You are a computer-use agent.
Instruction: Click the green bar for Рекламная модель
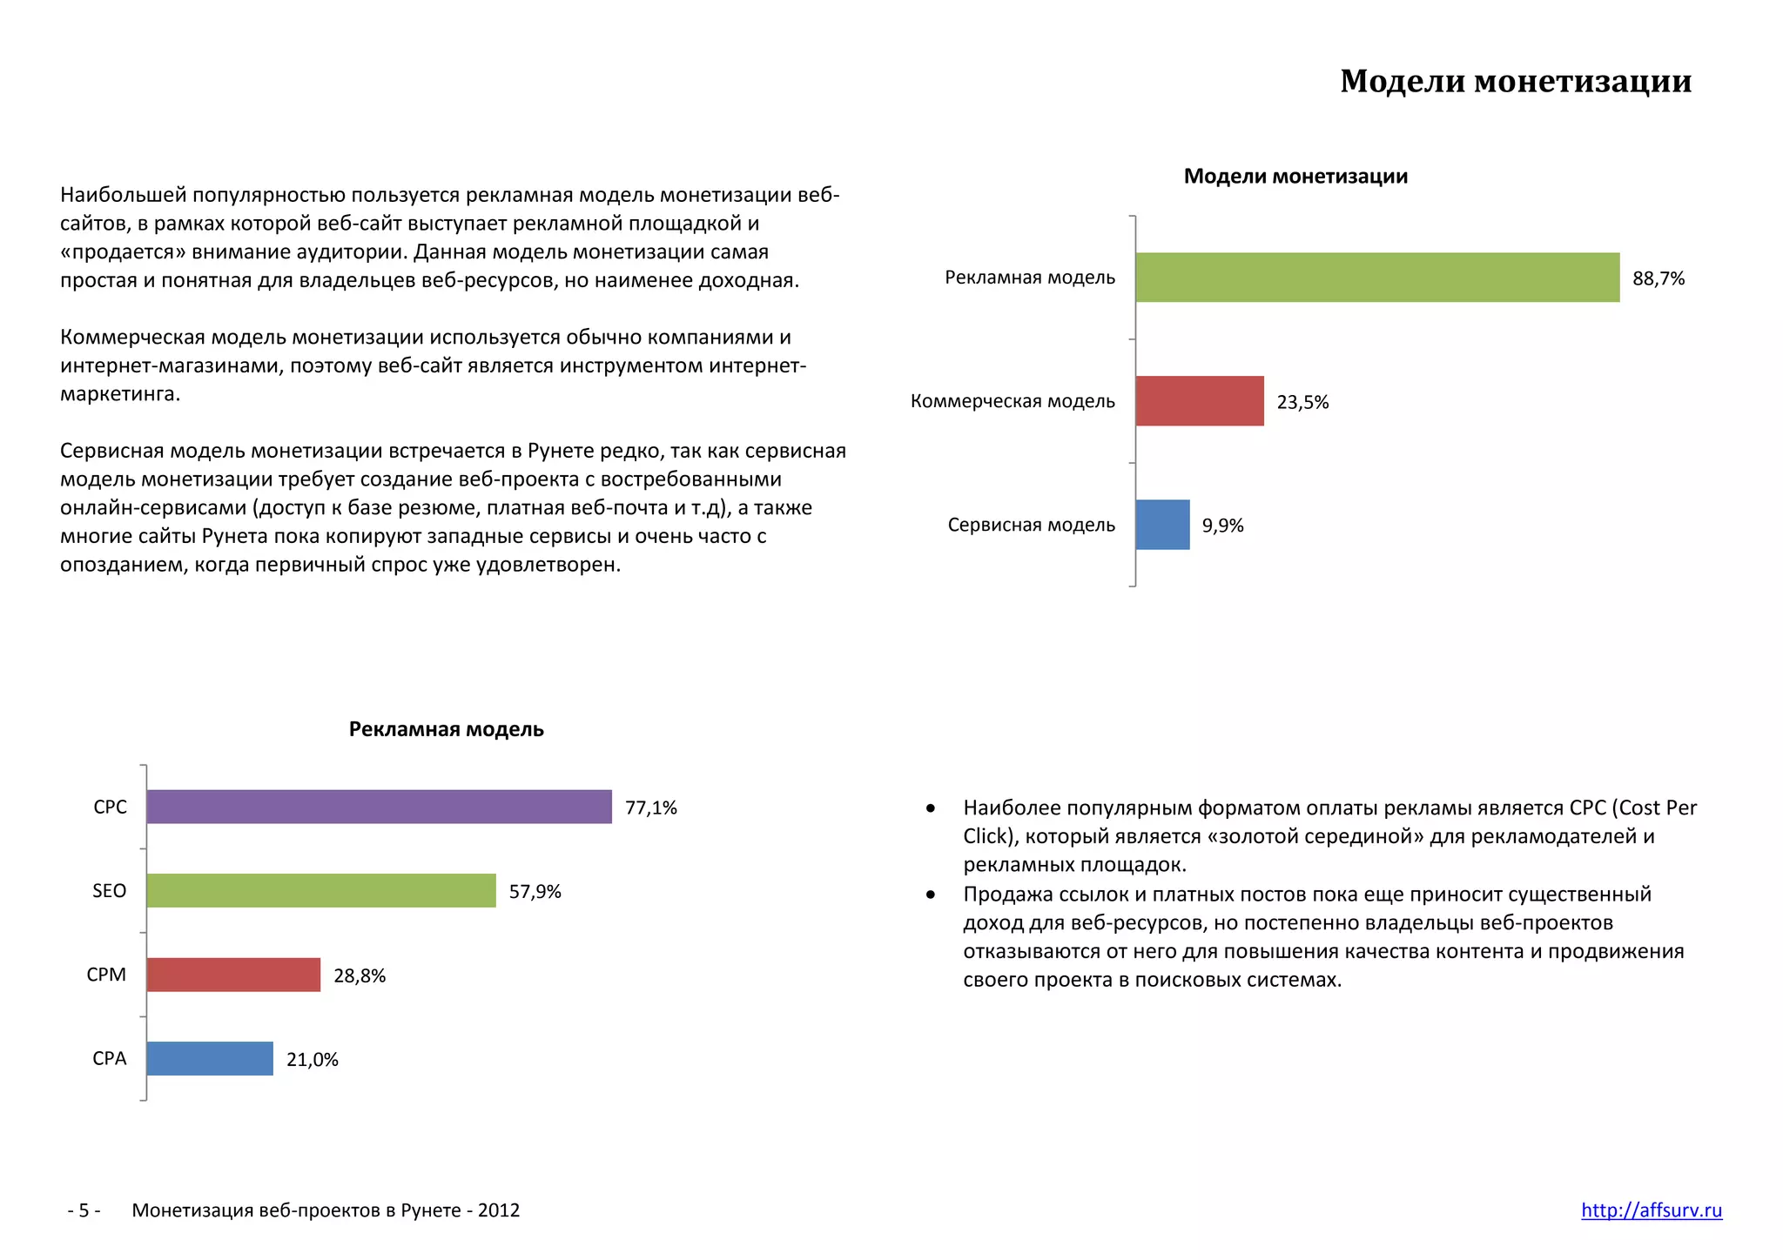(1377, 278)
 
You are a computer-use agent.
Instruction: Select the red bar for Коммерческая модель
(1200, 401)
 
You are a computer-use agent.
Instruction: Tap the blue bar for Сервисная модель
(1162, 525)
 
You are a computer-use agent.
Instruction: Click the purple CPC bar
(379, 807)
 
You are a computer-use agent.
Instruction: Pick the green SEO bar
(321, 891)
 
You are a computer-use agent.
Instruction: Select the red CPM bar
(233, 975)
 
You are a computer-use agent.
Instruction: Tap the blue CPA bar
(210, 1059)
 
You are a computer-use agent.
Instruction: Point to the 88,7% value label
(1659, 278)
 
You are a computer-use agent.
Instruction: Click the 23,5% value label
(1302, 402)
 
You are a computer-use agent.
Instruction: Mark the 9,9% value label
(1222, 526)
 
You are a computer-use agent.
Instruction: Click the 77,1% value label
(650, 808)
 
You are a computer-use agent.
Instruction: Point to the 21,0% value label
(312, 1060)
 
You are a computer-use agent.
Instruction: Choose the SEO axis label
(110, 891)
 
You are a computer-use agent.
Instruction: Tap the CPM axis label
(106, 975)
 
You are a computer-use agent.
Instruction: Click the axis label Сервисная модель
(1031, 525)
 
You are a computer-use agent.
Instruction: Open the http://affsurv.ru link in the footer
(1651, 1210)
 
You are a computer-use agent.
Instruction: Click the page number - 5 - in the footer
(84, 1210)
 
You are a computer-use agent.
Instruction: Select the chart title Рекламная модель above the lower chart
(446, 729)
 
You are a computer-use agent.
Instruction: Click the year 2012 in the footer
(499, 1210)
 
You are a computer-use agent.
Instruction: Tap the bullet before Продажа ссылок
(931, 895)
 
